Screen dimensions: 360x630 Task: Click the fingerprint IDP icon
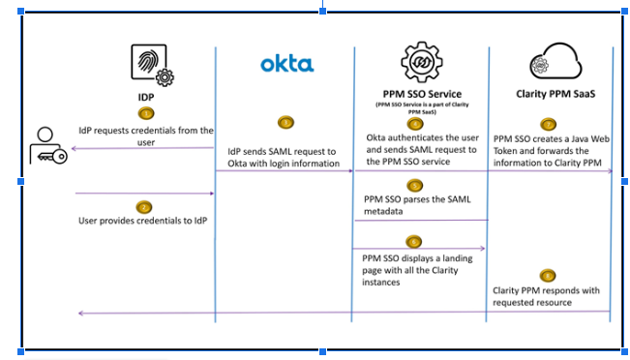tap(151, 65)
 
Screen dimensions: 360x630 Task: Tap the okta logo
tap(286, 65)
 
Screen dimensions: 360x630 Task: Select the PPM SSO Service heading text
tap(419, 94)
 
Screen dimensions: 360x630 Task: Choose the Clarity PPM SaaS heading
tap(549, 95)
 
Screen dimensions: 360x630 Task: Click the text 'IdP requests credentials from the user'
tap(146, 135)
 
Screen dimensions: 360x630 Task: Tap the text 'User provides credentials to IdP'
tap(141, 221)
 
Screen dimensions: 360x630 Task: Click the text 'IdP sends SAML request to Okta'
tap(282, 157)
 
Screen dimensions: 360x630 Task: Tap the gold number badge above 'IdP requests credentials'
tap(145, 113)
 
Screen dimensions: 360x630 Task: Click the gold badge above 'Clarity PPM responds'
tap(549, 275)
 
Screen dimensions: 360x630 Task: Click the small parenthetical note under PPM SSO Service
tap(419, 107)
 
